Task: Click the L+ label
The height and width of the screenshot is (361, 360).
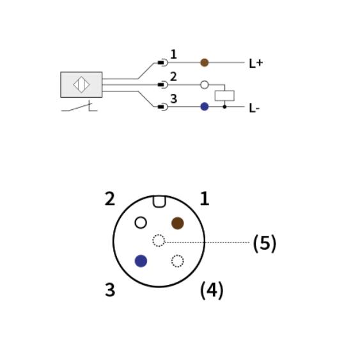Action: (x=256, y=63)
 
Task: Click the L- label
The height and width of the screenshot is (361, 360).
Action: (x=254, y=108)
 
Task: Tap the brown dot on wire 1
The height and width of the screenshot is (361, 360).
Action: (x=205, y=63)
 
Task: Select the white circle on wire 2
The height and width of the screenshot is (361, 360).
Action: (x=205, y=85)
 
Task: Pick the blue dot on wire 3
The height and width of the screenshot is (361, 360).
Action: (x=205, y=107)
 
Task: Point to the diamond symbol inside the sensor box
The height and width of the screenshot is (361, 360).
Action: (x=81, y=85)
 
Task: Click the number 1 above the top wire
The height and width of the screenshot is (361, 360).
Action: (x=173, y=54)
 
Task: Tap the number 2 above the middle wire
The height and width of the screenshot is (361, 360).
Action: (x=173, y=77)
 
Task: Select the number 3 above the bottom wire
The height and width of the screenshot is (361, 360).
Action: (x=173, y=99)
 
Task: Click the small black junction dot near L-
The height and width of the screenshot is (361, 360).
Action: (x=224, y=107)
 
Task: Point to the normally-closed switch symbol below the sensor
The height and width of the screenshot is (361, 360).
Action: (x=79, y=106)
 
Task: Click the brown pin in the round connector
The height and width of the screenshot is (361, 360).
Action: (x=178, y=223)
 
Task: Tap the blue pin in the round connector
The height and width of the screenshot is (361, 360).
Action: (x=141, y=261)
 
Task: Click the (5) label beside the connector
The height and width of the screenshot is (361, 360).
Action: (x=265, y=243)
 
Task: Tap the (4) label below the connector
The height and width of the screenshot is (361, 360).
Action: (x=212, y=290)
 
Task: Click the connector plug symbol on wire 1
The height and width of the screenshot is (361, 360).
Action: (x=162, y=63)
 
